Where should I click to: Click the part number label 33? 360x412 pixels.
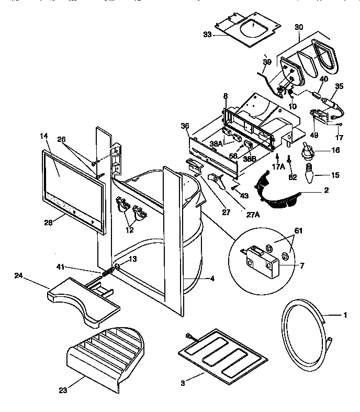tap(208, 35)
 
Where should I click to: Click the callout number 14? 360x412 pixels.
tap(43, 136)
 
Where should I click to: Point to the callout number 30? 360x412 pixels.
tap(299, 27)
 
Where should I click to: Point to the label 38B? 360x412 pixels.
tap(249, 158)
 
